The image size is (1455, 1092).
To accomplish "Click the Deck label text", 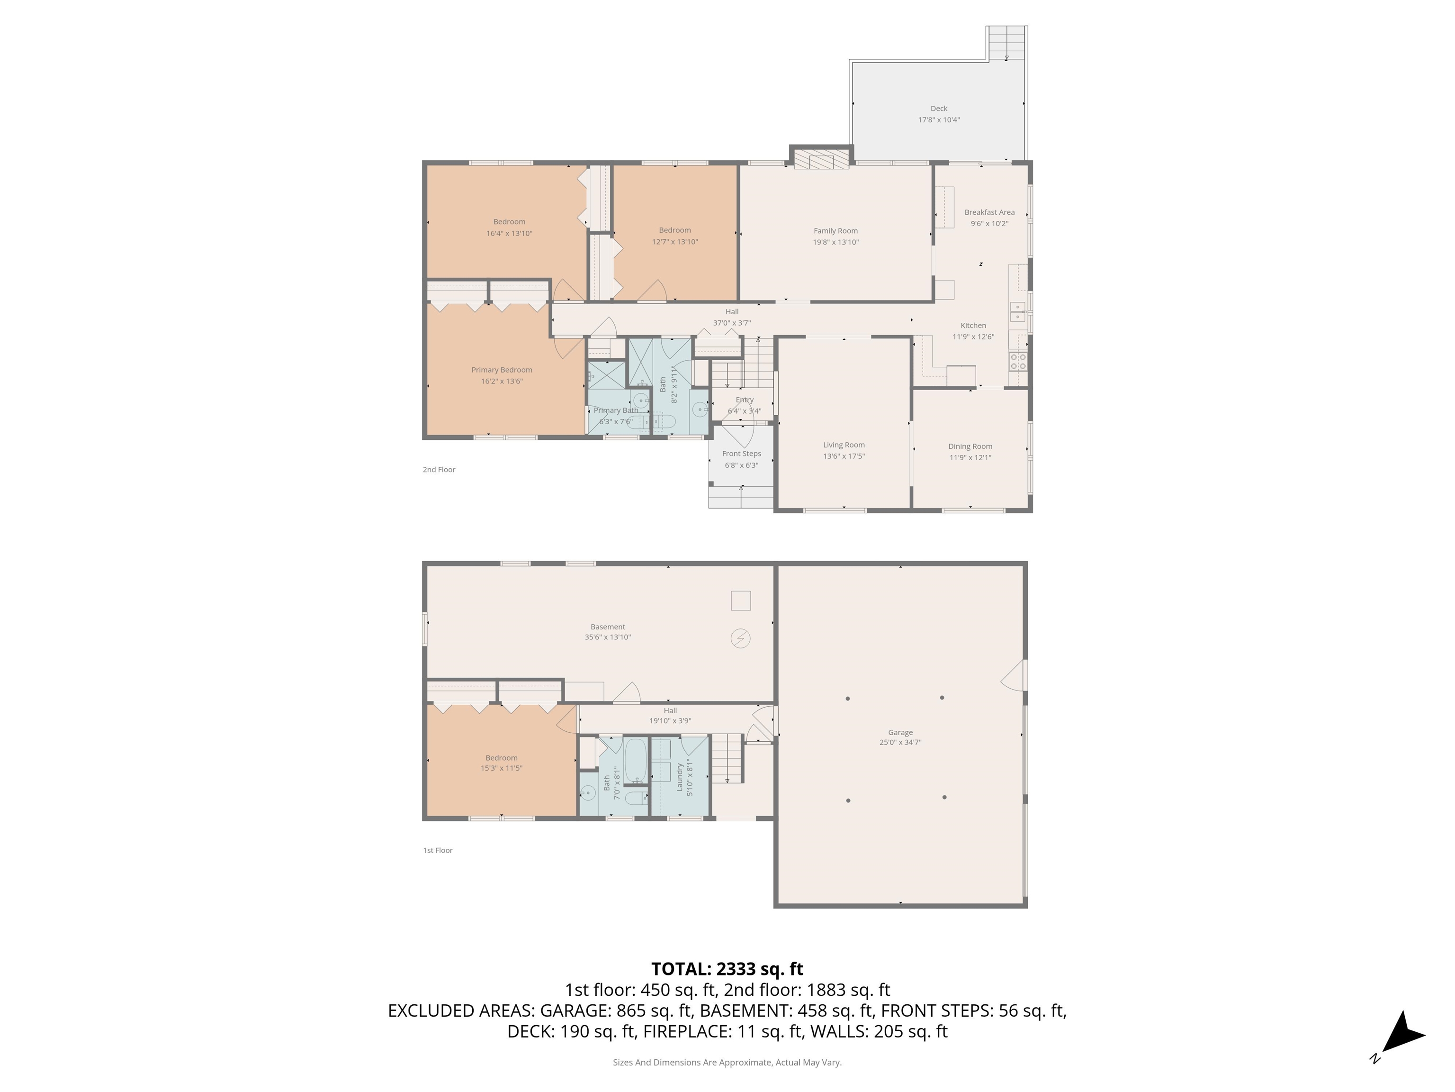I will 939,109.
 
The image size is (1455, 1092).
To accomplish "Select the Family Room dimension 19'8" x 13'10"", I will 835,242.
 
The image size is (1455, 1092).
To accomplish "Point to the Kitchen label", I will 973,325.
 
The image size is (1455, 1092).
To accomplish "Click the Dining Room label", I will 970,446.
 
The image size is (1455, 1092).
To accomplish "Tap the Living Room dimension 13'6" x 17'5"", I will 844,456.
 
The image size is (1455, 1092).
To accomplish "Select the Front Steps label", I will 741,454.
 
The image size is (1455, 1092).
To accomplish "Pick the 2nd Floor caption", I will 439,469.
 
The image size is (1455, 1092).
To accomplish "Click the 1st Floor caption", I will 438,850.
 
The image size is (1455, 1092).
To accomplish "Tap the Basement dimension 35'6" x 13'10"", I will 608,637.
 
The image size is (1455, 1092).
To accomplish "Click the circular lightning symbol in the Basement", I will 741,638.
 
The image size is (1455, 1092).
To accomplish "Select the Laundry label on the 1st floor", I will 680,777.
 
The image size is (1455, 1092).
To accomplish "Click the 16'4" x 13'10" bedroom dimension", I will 509,234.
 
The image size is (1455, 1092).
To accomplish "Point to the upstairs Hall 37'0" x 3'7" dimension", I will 731,323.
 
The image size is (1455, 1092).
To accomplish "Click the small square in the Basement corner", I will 741,601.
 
